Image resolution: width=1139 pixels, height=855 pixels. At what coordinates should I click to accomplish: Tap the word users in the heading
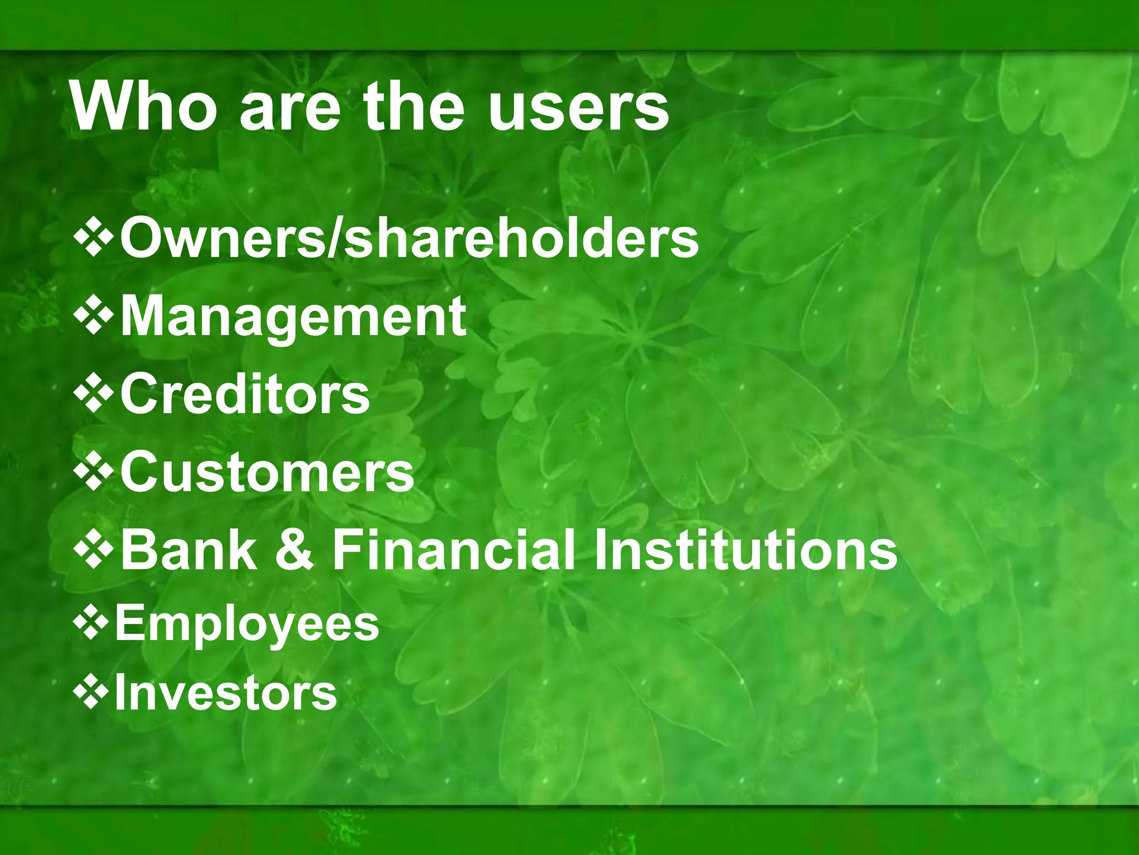click(x=578, y=107)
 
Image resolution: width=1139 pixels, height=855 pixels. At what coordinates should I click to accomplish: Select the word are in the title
click(x=289, y=109)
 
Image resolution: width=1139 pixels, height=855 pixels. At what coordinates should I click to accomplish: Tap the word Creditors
click(x=245, y=394)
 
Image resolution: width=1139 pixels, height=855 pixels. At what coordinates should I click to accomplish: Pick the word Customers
click(x=268, y=472)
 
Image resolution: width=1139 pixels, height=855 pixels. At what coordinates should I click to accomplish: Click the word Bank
click(x=189, y=550)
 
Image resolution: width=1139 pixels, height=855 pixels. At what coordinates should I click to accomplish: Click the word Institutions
click(x=746, y=550)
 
